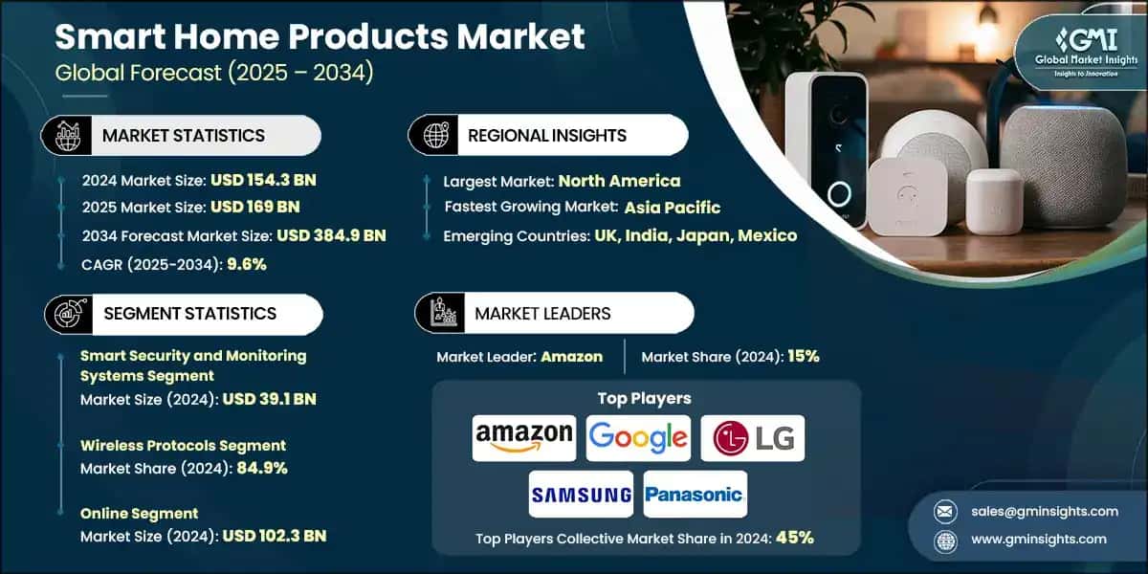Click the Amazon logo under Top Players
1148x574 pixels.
524,438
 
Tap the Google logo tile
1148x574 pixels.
638,438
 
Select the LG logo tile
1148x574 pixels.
752,438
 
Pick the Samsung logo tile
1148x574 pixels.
581,495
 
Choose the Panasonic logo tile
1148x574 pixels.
695,495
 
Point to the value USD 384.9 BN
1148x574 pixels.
331,235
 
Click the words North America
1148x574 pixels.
619,180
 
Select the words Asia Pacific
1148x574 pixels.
673,208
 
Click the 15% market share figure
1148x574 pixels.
803,357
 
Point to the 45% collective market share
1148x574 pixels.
795,538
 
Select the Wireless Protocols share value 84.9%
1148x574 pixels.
254,468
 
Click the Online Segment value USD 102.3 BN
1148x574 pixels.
274,536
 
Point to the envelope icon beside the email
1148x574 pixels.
945,511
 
